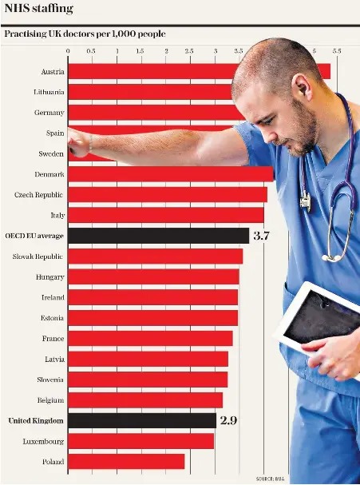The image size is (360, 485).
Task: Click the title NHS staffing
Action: pyautogui.click(x=38, y=9)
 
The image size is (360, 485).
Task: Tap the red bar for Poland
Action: pyautogui.click(x=126, y=462)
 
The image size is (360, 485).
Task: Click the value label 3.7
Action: pyautogui.click(x=263, y=236)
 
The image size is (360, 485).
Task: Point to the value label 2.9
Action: pyautogui.click(x=228, y=420)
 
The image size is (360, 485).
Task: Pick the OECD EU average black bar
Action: pyautogui.click(x=158, y=236)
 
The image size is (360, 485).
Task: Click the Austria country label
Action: pyautogui.click(x=53, y=72)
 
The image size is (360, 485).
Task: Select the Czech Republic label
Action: pyautogui.click(x=39, y=195)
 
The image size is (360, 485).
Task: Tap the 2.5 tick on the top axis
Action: pyautogui.click(x=189, y=51)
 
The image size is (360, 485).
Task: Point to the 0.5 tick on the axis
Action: pyautogui.click(x=91, y=51)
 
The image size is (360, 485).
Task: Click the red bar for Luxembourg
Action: pyautogui.click(x=140, y=441)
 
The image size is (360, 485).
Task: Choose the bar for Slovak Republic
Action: pyautogui.click(x=155, y=256)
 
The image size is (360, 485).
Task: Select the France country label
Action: pyautogui.click(x=53, y=339)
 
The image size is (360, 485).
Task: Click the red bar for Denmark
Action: pyautogui.click(x=170, y=174)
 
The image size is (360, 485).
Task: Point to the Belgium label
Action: pyautogui.click(x=51, y=400)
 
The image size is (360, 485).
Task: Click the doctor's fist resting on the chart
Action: pyautogui.click(x=77, y=144)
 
